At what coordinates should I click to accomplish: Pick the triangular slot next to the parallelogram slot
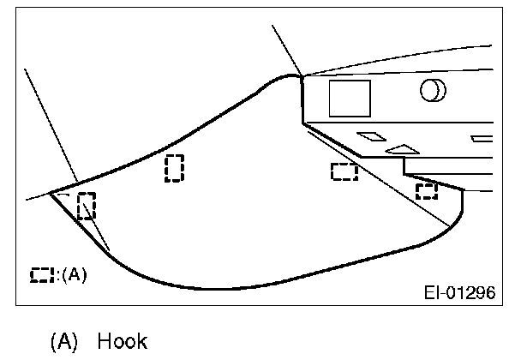[400, 149]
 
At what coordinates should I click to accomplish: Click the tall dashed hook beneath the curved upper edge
[174, 168]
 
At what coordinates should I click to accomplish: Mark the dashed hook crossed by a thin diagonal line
[86, 207]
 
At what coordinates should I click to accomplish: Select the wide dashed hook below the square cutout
[344, 171]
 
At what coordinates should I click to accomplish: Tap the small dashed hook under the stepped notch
[426, 190]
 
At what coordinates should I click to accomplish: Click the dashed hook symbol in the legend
[40, 275]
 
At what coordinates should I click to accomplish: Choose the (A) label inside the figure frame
[75, 275]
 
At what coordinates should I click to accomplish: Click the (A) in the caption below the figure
[67, 343]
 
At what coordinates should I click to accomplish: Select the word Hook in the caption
[123, 343]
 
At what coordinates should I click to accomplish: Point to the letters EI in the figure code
[433, 292]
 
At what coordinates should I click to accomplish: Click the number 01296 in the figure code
[472, 292]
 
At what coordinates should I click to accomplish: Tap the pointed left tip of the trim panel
[51, 193]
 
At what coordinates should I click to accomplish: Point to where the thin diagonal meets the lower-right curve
[449, 225]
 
